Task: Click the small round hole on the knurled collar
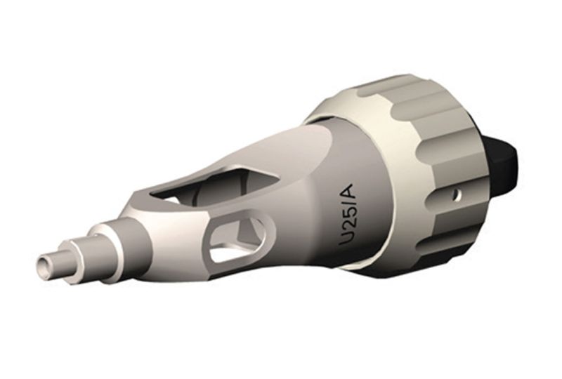point(456,192)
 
